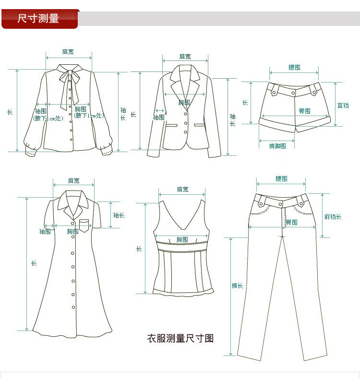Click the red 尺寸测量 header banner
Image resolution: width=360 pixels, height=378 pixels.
[38, 19]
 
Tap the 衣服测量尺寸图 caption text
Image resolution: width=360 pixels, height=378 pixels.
[180, 339]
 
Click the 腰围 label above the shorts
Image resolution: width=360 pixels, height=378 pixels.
[294, 68]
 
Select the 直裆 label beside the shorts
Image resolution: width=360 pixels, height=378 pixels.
[343, 105]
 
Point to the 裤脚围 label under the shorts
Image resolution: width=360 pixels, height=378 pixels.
[277, 146]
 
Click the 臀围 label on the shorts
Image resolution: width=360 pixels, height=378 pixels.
[304, 111]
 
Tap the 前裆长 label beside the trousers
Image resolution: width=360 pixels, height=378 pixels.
[333, 217]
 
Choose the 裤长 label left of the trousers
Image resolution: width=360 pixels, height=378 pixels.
[237, 286]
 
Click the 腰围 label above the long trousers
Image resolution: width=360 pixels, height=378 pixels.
[281, 179]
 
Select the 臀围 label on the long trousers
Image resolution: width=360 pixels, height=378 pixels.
[292, 222]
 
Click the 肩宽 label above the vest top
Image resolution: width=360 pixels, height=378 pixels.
[182, 189]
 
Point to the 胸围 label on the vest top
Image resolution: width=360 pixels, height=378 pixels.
[182, 239]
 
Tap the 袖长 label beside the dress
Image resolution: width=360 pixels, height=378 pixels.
[119, 215]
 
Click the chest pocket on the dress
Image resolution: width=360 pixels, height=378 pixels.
[85, 225]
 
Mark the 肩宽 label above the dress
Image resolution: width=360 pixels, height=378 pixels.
[73, 181]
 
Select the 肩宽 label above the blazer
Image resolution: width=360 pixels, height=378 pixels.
[185, 57]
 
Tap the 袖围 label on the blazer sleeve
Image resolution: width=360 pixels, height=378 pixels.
[158, 117]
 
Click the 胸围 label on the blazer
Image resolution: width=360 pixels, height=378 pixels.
[184, 102]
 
